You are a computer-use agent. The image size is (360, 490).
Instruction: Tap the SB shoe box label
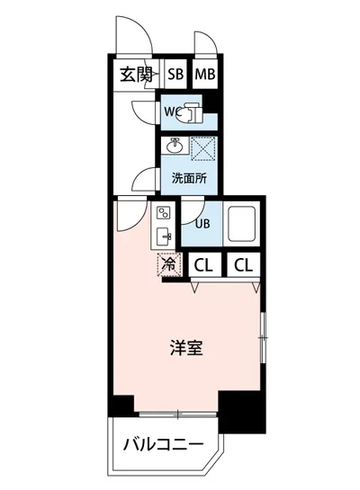[x=175, y=75]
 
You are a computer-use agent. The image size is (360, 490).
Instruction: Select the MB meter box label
[x=206, y=75]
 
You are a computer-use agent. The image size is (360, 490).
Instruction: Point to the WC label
[x=171, y=113]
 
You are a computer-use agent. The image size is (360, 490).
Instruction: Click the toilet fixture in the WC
[x=191, y=113]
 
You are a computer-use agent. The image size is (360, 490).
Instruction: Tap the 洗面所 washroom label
[x=189, y=177]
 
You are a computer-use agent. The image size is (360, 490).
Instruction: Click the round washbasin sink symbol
[x=175, y=147]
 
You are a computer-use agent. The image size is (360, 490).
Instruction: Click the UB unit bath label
[x=202, y=225]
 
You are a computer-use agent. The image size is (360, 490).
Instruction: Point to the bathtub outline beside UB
[x=244, y=224]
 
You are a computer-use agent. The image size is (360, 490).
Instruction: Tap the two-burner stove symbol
[x=164, y=214]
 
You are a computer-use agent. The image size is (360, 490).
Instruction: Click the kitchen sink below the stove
[x=164, y=236]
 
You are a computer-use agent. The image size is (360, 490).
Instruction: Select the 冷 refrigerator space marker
[x=169, y=265]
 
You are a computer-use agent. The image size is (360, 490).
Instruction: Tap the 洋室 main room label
[x=186, y=348]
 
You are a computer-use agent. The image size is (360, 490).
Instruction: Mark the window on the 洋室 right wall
[x=263, y=337]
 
